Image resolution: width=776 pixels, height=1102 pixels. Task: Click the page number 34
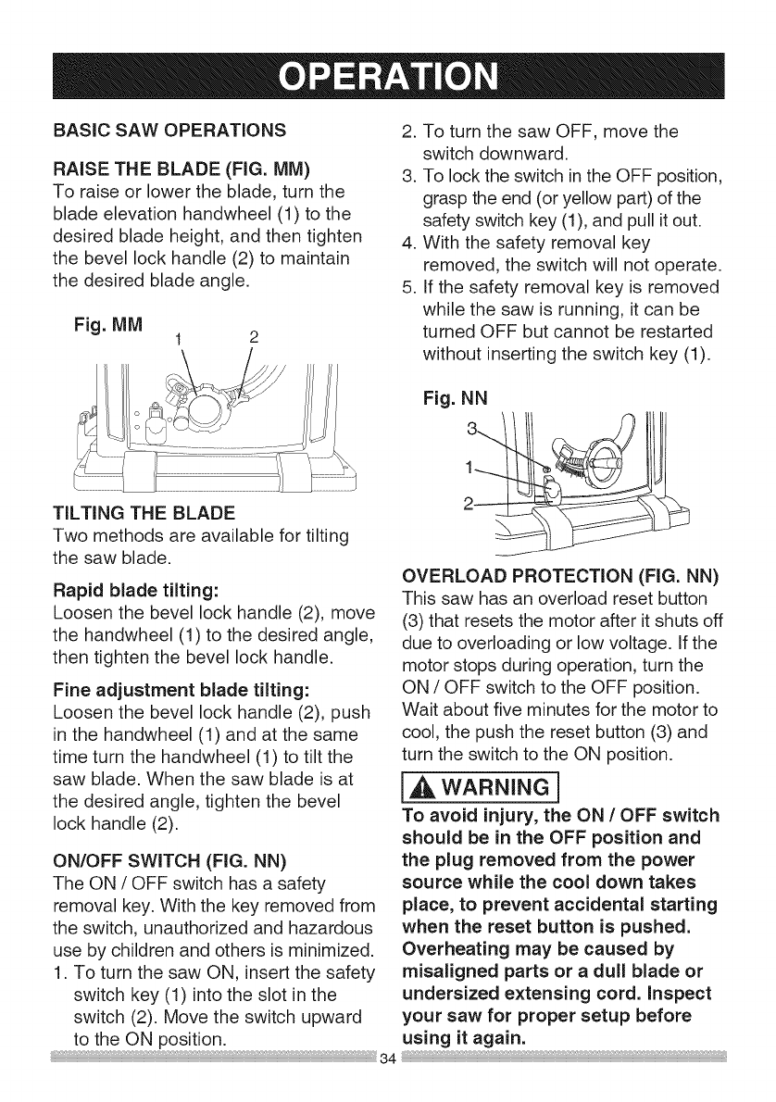pos(388,1080)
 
